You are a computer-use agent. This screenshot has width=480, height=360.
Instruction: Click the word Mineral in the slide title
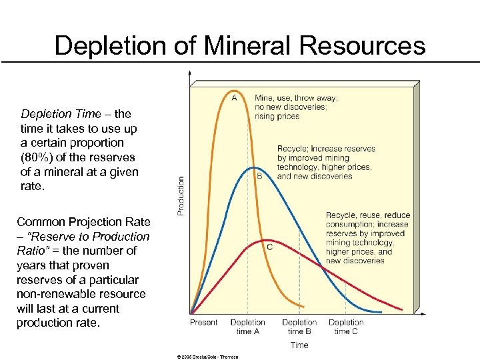coord(237,45)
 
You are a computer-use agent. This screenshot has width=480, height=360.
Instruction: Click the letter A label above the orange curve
coord(233,97)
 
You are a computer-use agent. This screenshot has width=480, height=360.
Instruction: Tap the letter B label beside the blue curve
coord(259,177)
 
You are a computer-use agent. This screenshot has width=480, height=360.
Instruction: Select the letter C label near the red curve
coord(269,247)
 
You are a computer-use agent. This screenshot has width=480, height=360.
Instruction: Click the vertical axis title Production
coord(181,195)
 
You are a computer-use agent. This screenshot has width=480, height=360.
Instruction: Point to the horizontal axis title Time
coord(299,345)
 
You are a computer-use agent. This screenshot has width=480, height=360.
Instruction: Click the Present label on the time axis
coord(203,323)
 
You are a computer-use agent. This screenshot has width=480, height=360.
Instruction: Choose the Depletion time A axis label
coord(247,327)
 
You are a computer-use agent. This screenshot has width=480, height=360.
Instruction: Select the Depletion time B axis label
coord(299,327)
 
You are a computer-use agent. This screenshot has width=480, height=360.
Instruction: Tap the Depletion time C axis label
coord(346,327)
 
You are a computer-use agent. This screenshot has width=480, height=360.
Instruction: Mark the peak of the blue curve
coord(249,167)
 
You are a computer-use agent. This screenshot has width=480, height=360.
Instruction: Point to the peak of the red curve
coord(266,240)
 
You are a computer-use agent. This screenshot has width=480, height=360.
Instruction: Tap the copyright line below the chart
coord(207,357)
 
